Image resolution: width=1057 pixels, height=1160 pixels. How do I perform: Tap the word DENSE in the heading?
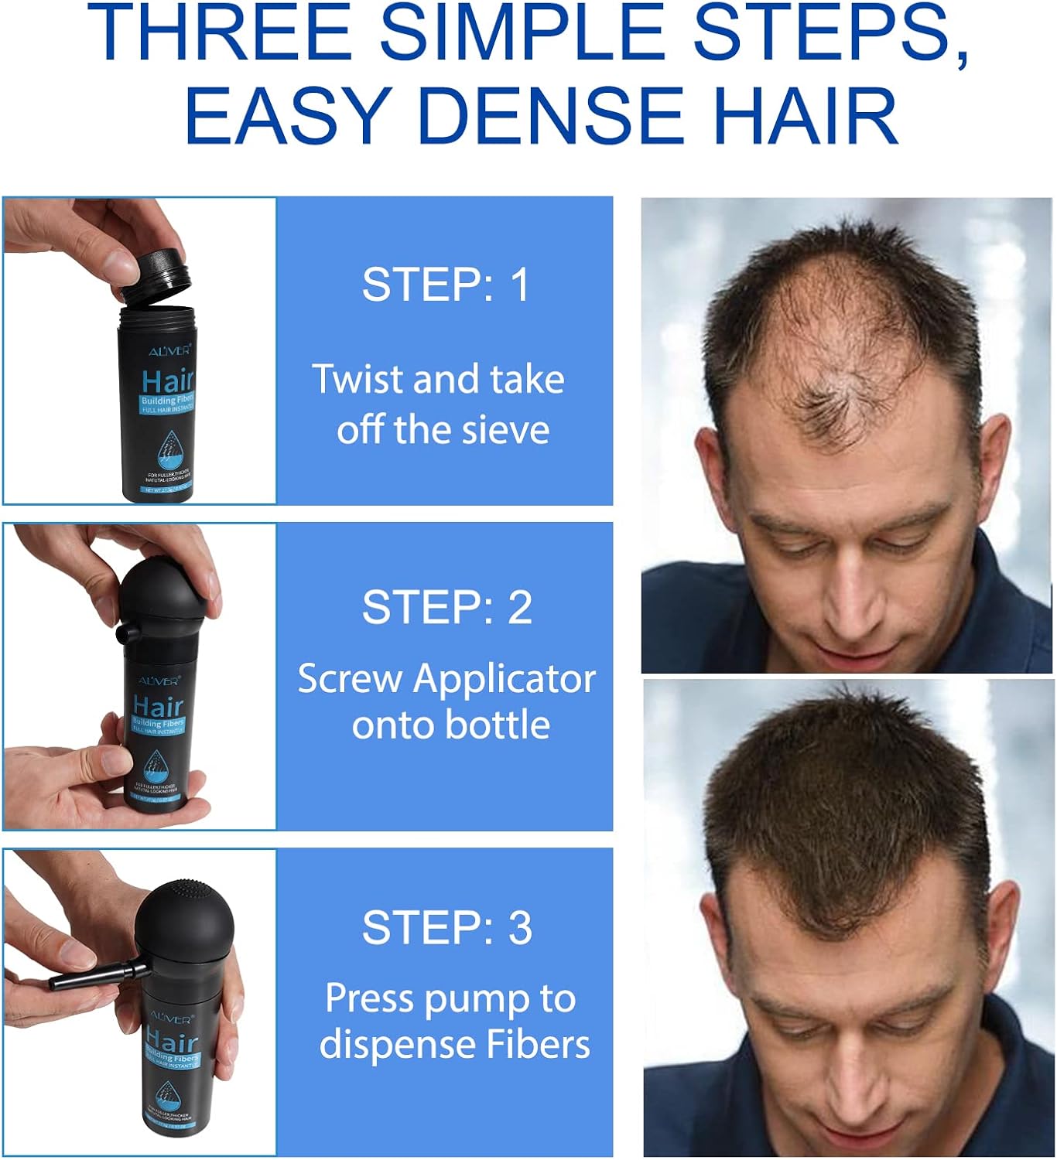tap(551, 116)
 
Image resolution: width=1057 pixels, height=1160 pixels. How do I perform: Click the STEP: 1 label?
tap(446, 285)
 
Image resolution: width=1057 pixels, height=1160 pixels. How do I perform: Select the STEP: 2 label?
tap(447, 607)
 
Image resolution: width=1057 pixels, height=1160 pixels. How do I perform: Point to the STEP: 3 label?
tap(447, 927)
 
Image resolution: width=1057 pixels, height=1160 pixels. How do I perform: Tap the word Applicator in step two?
tap(505, 680)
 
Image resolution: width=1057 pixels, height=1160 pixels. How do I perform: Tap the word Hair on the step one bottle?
tap(168, 381)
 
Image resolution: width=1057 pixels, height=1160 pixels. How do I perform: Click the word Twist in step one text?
tap(358, 380)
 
